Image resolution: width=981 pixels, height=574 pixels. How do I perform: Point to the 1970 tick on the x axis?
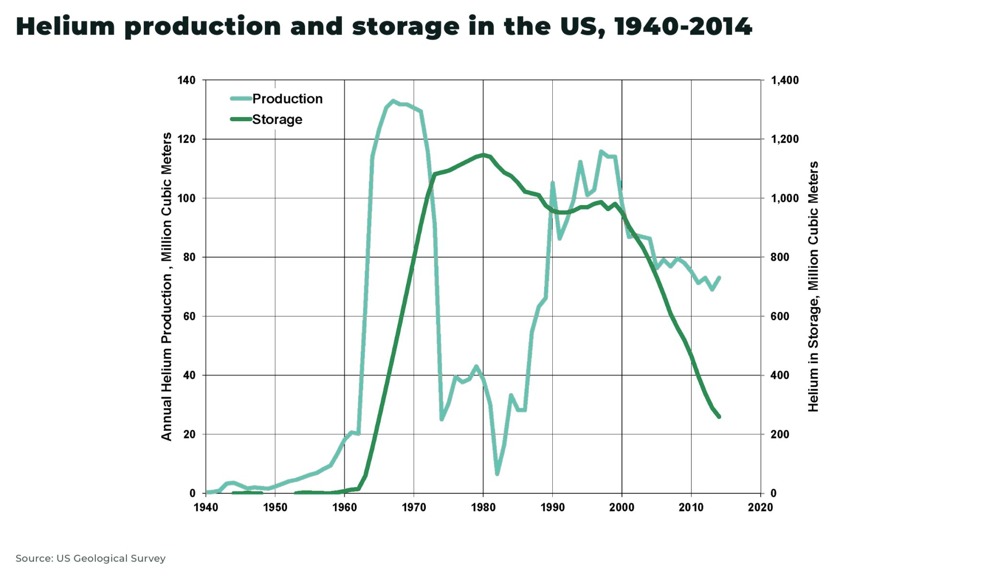click(x=414, y=507)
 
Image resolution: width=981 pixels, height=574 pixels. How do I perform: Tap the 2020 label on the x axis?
click(x=760, y=507)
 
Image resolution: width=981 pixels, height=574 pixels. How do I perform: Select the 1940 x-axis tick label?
click(x=205, y=507)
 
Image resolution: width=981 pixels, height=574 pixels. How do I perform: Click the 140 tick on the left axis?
click(x=186, y=80)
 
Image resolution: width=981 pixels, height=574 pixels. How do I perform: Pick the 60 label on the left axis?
click(x=189, y=316)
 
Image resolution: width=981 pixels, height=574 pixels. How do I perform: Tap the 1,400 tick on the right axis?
click(x=785, y=80)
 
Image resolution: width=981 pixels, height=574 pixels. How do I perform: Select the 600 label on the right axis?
click(x=779, y=316)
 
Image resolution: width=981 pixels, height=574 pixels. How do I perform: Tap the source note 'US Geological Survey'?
click(x=111, y=558)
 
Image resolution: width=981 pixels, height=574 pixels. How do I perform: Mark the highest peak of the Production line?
click(x=393, y=101)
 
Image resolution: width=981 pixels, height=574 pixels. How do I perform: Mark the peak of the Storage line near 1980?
click(x=483, y=155)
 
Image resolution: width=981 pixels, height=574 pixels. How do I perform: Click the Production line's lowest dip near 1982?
click(x=497, y=474)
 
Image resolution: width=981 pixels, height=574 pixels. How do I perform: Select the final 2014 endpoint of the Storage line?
click(x=719, y=417)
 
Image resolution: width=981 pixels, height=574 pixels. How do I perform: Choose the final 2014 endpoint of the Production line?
click(x=719, y=278)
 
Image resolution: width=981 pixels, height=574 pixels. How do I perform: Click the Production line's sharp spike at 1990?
click(x=552, y=183)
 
